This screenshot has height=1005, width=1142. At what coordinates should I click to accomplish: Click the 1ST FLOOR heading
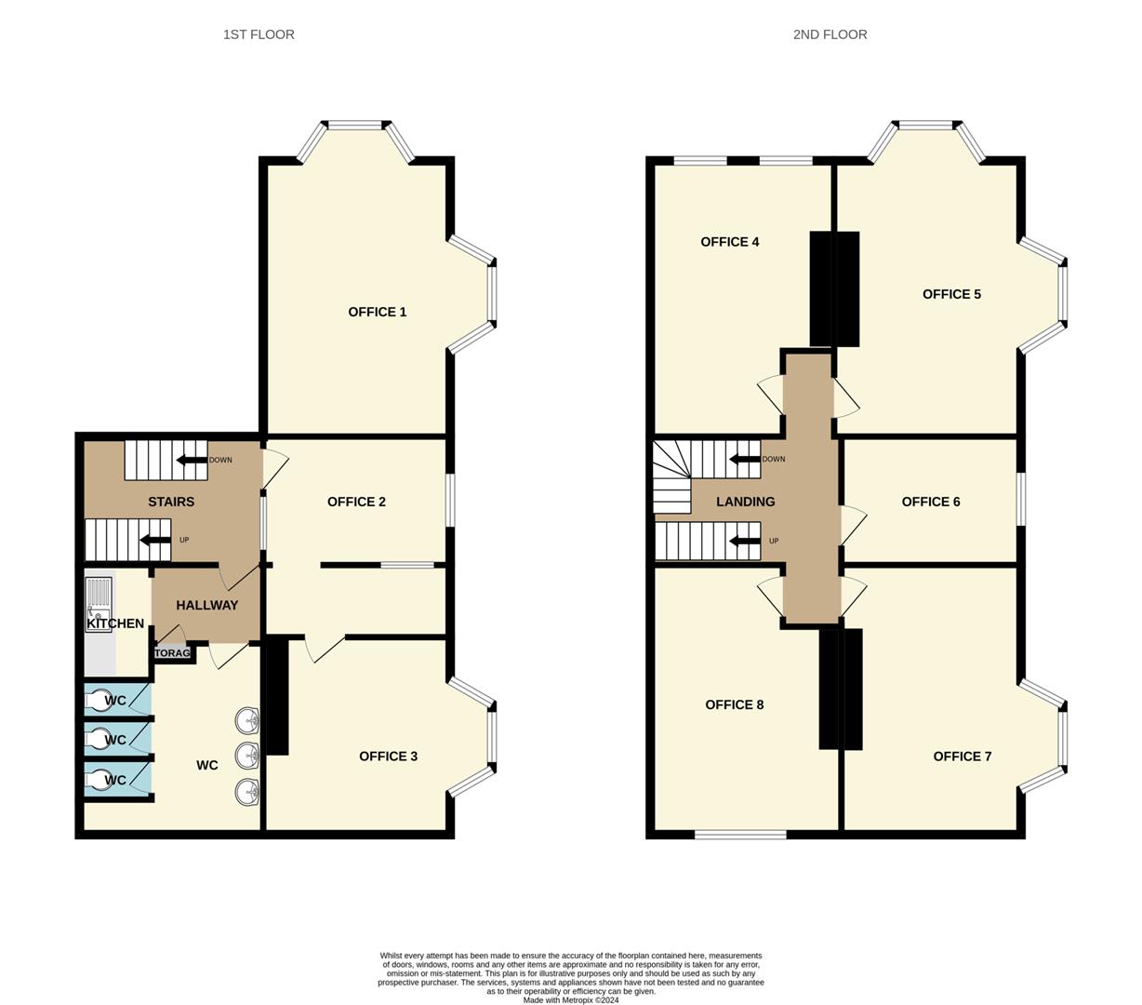(259, 34)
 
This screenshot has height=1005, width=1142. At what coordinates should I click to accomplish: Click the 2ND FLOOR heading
(830, 34)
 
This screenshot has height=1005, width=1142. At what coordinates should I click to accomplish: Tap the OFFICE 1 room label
(377, 312)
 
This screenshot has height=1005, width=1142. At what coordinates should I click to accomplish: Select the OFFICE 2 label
(356, 502)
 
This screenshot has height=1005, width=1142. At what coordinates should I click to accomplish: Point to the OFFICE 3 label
(388, 756)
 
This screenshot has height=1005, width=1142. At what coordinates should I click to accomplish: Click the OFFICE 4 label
(729, 242)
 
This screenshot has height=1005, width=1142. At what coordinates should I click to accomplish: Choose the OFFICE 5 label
(951, 294)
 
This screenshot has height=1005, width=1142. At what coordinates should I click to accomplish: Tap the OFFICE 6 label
(930, 502)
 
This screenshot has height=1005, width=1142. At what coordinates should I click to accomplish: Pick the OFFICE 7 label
(962, 756)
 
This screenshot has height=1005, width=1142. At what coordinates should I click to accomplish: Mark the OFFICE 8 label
(734, 704)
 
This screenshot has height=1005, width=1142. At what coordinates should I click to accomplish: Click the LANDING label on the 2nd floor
(745, 502)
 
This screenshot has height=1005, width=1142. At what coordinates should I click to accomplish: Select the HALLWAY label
(206, 605)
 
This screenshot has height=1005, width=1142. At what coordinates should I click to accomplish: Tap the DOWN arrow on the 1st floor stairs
(193, 460)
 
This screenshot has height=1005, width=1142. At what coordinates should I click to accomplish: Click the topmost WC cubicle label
(115, 701)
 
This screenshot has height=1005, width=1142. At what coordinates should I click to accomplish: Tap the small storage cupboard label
(172, 653)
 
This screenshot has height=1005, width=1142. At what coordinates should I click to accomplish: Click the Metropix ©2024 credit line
(570, 1000)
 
